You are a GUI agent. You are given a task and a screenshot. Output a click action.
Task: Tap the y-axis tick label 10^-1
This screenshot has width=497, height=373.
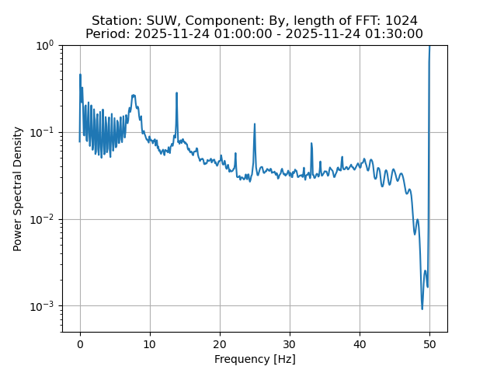point(43,132)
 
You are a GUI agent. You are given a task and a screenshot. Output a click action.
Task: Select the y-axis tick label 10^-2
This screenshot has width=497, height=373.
point(43,219)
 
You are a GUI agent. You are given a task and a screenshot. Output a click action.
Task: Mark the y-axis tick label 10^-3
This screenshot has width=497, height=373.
point(43,305)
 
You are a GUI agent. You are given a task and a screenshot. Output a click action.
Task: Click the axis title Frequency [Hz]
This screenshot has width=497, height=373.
point(255,359)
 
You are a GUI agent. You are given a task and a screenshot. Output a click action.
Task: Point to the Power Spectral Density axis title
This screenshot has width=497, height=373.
point(18,189)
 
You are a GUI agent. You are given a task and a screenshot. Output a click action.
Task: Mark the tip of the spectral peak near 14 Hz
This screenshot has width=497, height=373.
point(177,93)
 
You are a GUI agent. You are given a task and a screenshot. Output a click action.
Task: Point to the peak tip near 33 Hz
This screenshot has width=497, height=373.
point(311,144)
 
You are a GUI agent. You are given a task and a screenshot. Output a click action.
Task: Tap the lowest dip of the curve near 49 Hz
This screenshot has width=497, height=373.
point(422,309)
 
